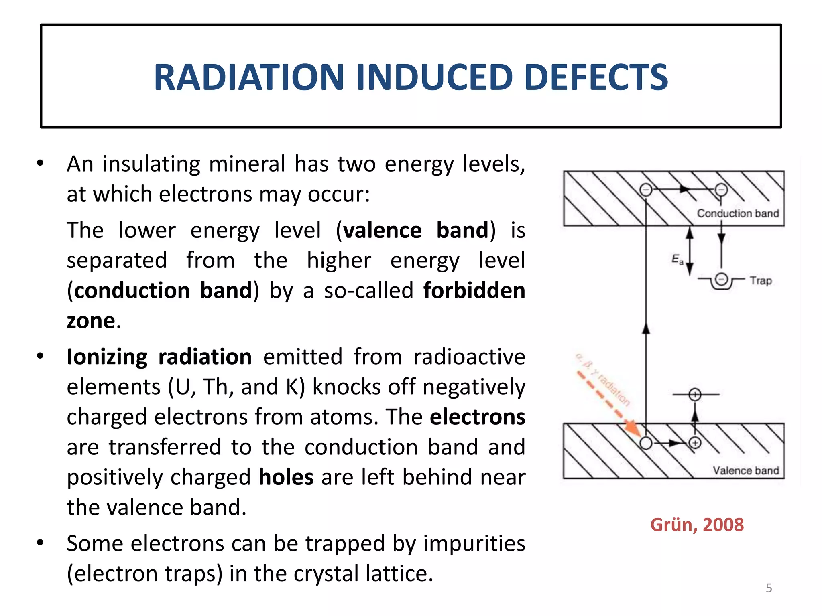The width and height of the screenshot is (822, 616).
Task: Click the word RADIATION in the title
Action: tap(249, 77)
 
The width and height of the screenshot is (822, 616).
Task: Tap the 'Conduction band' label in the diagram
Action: tap(738, 213)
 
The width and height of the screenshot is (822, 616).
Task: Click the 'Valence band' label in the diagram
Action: tap(746, 470)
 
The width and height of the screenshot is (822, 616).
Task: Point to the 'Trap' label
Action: tap(761, 280)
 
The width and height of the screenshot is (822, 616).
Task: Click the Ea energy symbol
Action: tap(677, 259)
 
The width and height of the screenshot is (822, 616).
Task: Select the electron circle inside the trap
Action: tap(721, 279)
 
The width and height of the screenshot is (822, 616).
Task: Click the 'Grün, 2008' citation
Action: tap(697, 525)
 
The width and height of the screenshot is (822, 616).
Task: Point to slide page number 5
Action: tap(769, 588)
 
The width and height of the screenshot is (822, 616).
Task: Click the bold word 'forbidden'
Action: tap(474, 290)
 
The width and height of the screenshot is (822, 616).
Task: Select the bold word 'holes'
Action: tap(286, 477)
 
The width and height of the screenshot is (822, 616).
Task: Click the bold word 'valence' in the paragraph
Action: tap(382, 231)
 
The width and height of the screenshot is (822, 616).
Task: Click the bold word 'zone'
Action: tap(91, 321)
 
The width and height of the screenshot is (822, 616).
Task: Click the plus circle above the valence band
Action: tap(695, 395)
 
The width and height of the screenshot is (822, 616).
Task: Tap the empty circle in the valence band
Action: tap(646, 443)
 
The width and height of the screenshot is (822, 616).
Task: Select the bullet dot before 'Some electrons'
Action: tap(40, 543)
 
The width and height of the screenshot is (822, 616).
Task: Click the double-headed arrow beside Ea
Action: tap(690, 251)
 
